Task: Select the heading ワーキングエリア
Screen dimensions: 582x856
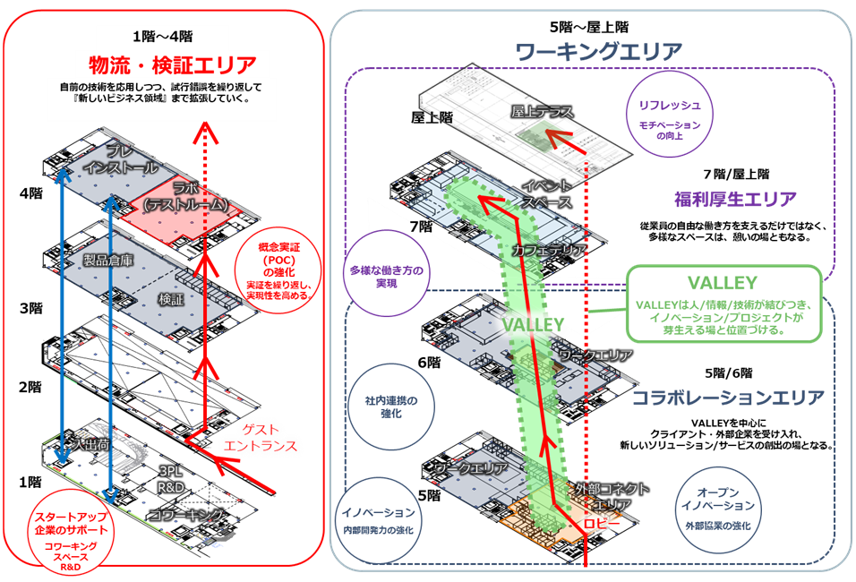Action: point(599,52)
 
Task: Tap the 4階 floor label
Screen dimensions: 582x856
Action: point(31,193)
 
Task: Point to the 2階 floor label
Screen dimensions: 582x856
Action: point(31,387)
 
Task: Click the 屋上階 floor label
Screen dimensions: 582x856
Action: point(432,117)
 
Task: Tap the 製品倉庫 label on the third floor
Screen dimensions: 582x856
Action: point(107,261)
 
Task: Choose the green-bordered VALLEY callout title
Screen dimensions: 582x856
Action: point(723,283)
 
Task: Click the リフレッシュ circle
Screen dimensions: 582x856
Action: point(670,114)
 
